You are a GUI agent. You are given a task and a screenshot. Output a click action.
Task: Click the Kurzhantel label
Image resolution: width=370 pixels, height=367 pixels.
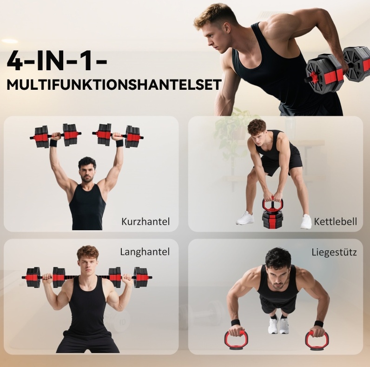145,221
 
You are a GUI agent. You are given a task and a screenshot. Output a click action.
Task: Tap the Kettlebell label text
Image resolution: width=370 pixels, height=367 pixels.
335,221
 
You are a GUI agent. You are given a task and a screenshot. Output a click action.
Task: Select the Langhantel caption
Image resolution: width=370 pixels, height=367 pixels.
145,252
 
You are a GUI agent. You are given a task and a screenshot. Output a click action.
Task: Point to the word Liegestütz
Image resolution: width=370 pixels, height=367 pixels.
334,252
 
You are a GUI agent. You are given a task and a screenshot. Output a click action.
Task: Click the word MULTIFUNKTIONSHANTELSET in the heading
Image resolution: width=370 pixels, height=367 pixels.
114,85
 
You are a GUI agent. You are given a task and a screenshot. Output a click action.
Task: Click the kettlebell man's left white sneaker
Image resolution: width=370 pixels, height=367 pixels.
306,221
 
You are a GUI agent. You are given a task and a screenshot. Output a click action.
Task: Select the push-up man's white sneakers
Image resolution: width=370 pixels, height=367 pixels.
278,325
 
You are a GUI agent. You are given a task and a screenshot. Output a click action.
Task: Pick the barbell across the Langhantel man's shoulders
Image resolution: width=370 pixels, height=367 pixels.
87,278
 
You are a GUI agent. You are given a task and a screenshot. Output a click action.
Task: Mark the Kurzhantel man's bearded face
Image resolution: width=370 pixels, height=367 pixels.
87,173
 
